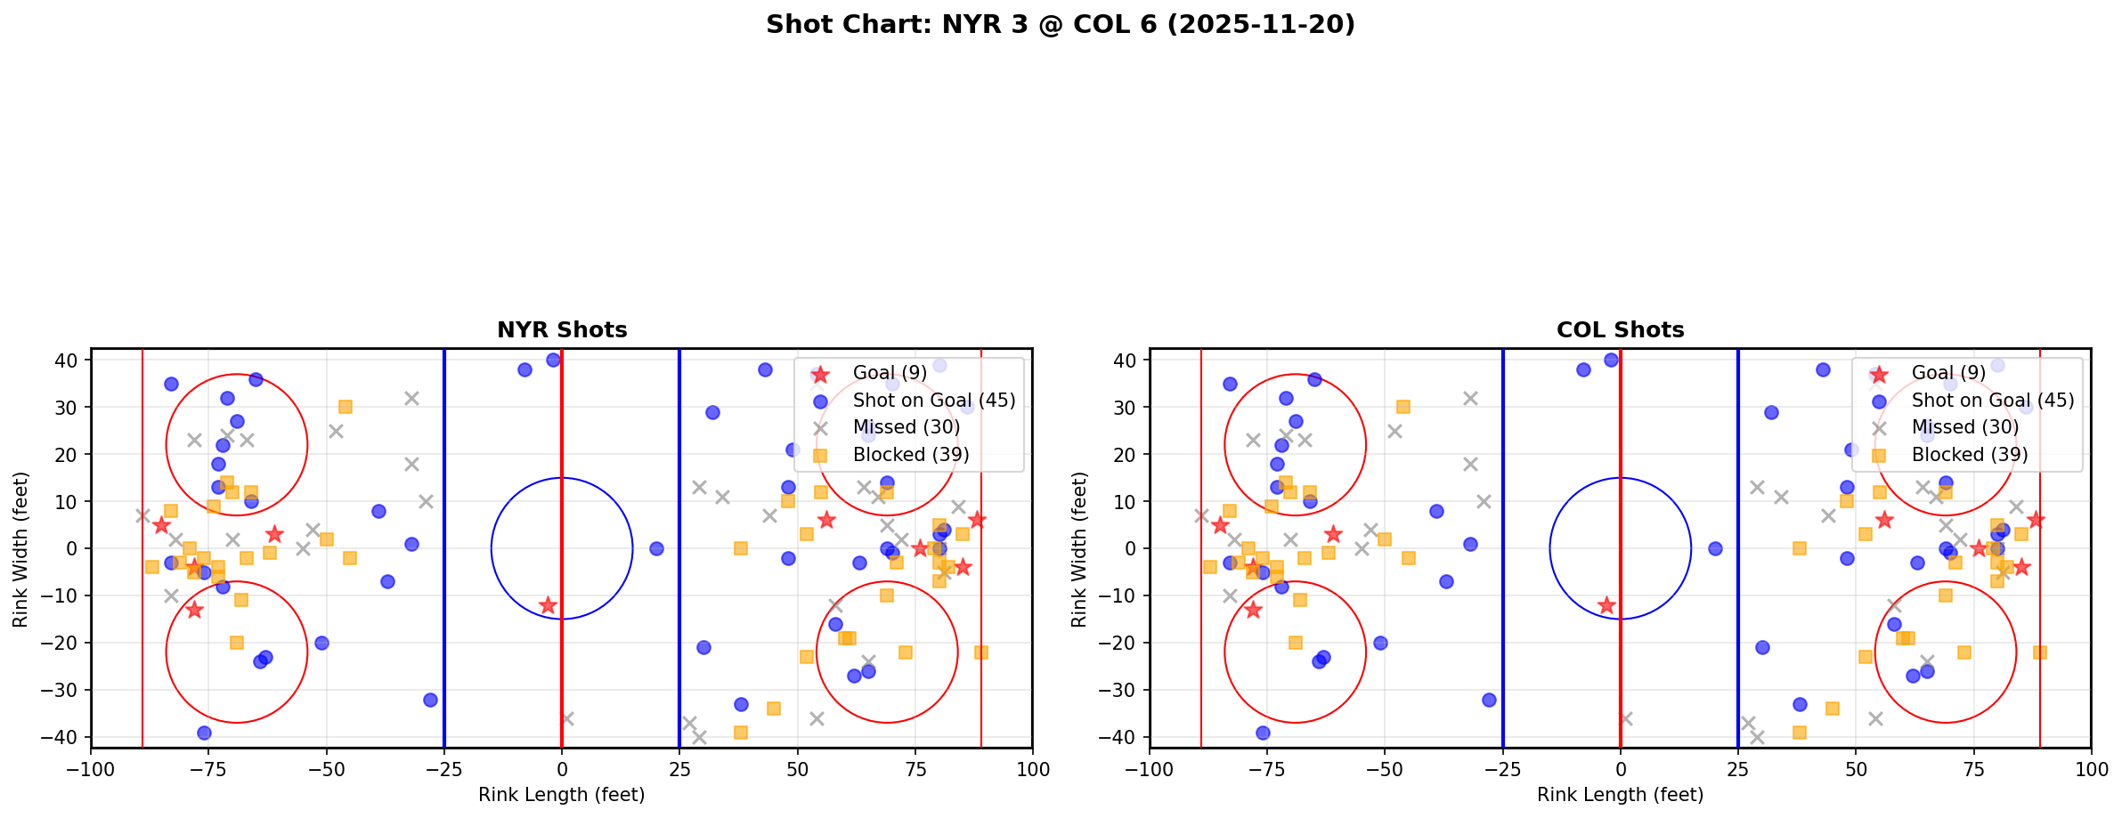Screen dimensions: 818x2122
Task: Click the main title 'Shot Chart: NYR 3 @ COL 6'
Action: [x=1060, y=25]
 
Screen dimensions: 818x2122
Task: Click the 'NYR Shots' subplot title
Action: [x=562, y=330]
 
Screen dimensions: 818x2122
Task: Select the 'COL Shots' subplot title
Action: [x=1620, y=330]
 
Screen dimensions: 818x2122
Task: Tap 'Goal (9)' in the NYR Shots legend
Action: [x=890, y=373]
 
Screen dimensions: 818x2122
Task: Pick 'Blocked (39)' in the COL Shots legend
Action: [x=1970, y=455]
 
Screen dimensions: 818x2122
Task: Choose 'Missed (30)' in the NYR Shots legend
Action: [x=906, y=427]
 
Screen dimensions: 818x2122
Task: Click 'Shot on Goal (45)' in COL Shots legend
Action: [x=1993, y=401]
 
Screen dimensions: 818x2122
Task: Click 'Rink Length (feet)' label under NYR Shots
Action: [x=561, y=795]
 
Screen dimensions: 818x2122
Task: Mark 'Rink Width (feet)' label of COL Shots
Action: [x=1079, y=549]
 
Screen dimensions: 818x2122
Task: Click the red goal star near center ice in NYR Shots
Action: [x=548, y=605]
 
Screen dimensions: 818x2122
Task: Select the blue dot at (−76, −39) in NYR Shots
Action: [x=204, y=733]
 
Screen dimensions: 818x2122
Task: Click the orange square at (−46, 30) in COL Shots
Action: [x=1403, y=407]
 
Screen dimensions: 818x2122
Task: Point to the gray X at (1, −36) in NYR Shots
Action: [x=566, y=718]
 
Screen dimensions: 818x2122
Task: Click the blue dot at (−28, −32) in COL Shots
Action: [x=1489, y=700]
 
